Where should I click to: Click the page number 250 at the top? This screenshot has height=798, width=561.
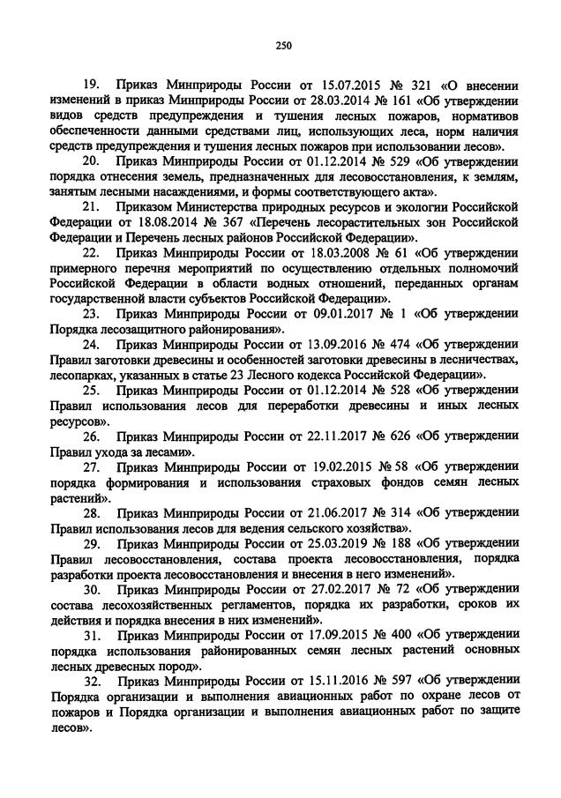[x=282, y=47]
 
